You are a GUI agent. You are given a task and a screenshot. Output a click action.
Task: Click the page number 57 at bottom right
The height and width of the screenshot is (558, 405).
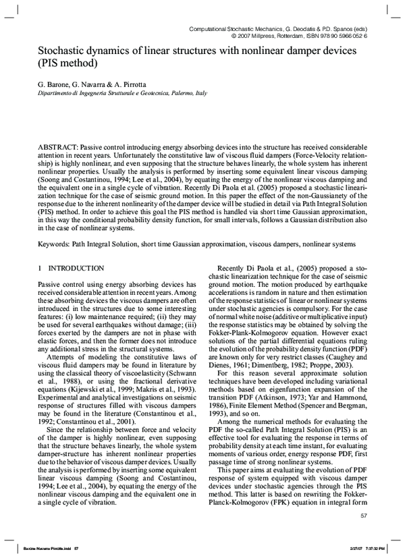(364, 515)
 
